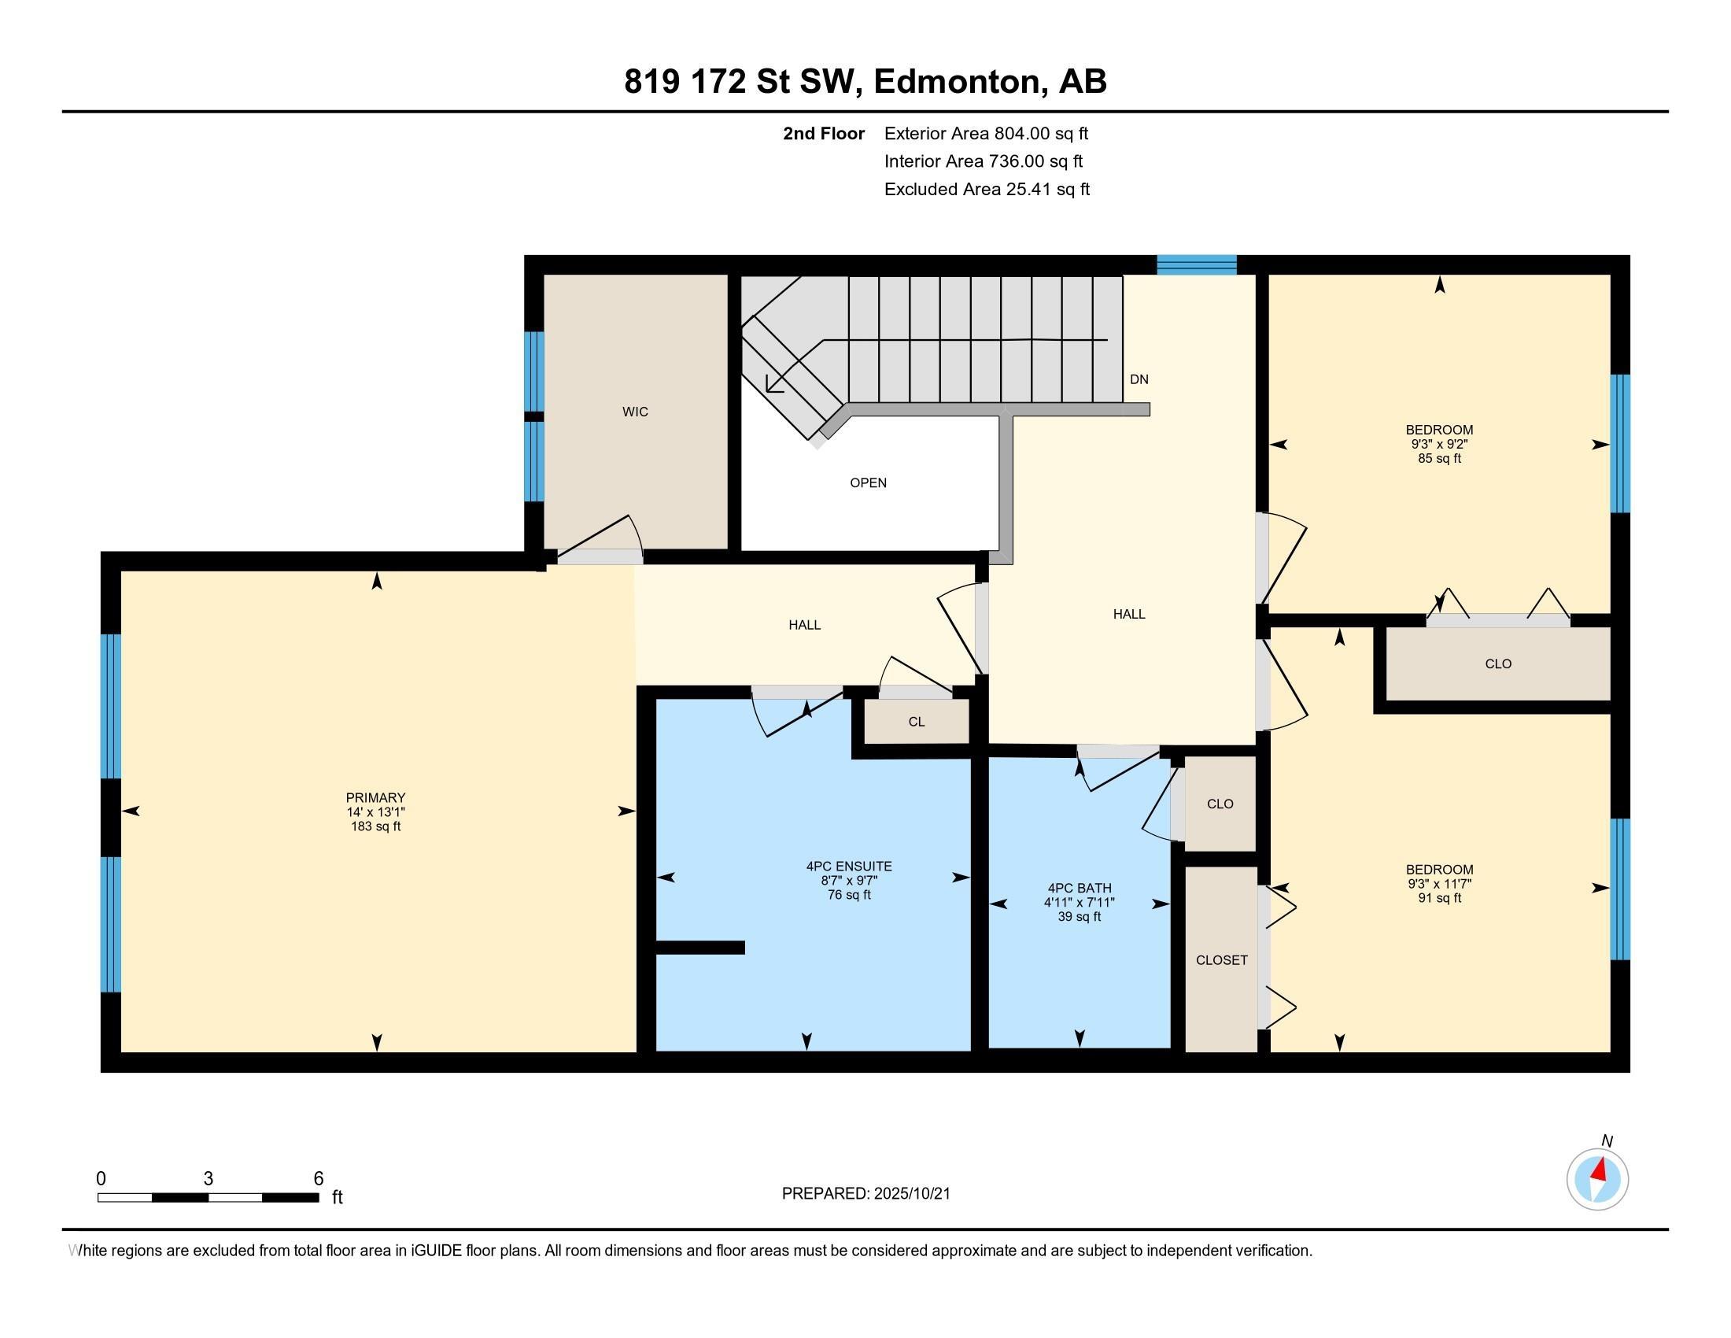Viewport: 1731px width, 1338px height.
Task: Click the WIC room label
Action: pos(635,412)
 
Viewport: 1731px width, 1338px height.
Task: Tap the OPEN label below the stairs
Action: pos(868,482)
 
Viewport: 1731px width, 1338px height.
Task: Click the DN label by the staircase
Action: pos(1139,379)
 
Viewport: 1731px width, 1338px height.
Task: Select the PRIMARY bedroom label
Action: pos(375,797)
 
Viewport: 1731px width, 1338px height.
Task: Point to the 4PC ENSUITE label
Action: pos(849,867)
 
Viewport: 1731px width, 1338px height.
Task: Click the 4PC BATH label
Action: pos(1080,888)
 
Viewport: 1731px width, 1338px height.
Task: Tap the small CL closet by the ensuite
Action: pos(916,722)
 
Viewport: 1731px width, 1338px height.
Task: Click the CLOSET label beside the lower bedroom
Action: pos(1221,960)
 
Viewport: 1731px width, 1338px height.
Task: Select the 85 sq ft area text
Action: pos(1439,459)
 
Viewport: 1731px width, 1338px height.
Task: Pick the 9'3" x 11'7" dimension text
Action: pos(1439,884)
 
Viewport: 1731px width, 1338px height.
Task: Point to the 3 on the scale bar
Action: pos(209,1179)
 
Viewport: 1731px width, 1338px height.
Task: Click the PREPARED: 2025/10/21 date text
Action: pos(865,1194)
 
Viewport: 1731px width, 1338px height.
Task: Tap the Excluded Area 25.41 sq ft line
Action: pos(987,190)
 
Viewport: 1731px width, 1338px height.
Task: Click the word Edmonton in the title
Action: pos(957,82)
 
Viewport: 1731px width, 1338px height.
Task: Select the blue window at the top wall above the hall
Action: pos(1196,264)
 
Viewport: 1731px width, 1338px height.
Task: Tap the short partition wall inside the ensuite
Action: pos(699,947)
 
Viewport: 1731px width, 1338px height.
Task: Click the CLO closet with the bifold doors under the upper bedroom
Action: pos(1497,663)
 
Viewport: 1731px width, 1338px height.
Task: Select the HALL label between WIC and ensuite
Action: pos(804,625)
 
